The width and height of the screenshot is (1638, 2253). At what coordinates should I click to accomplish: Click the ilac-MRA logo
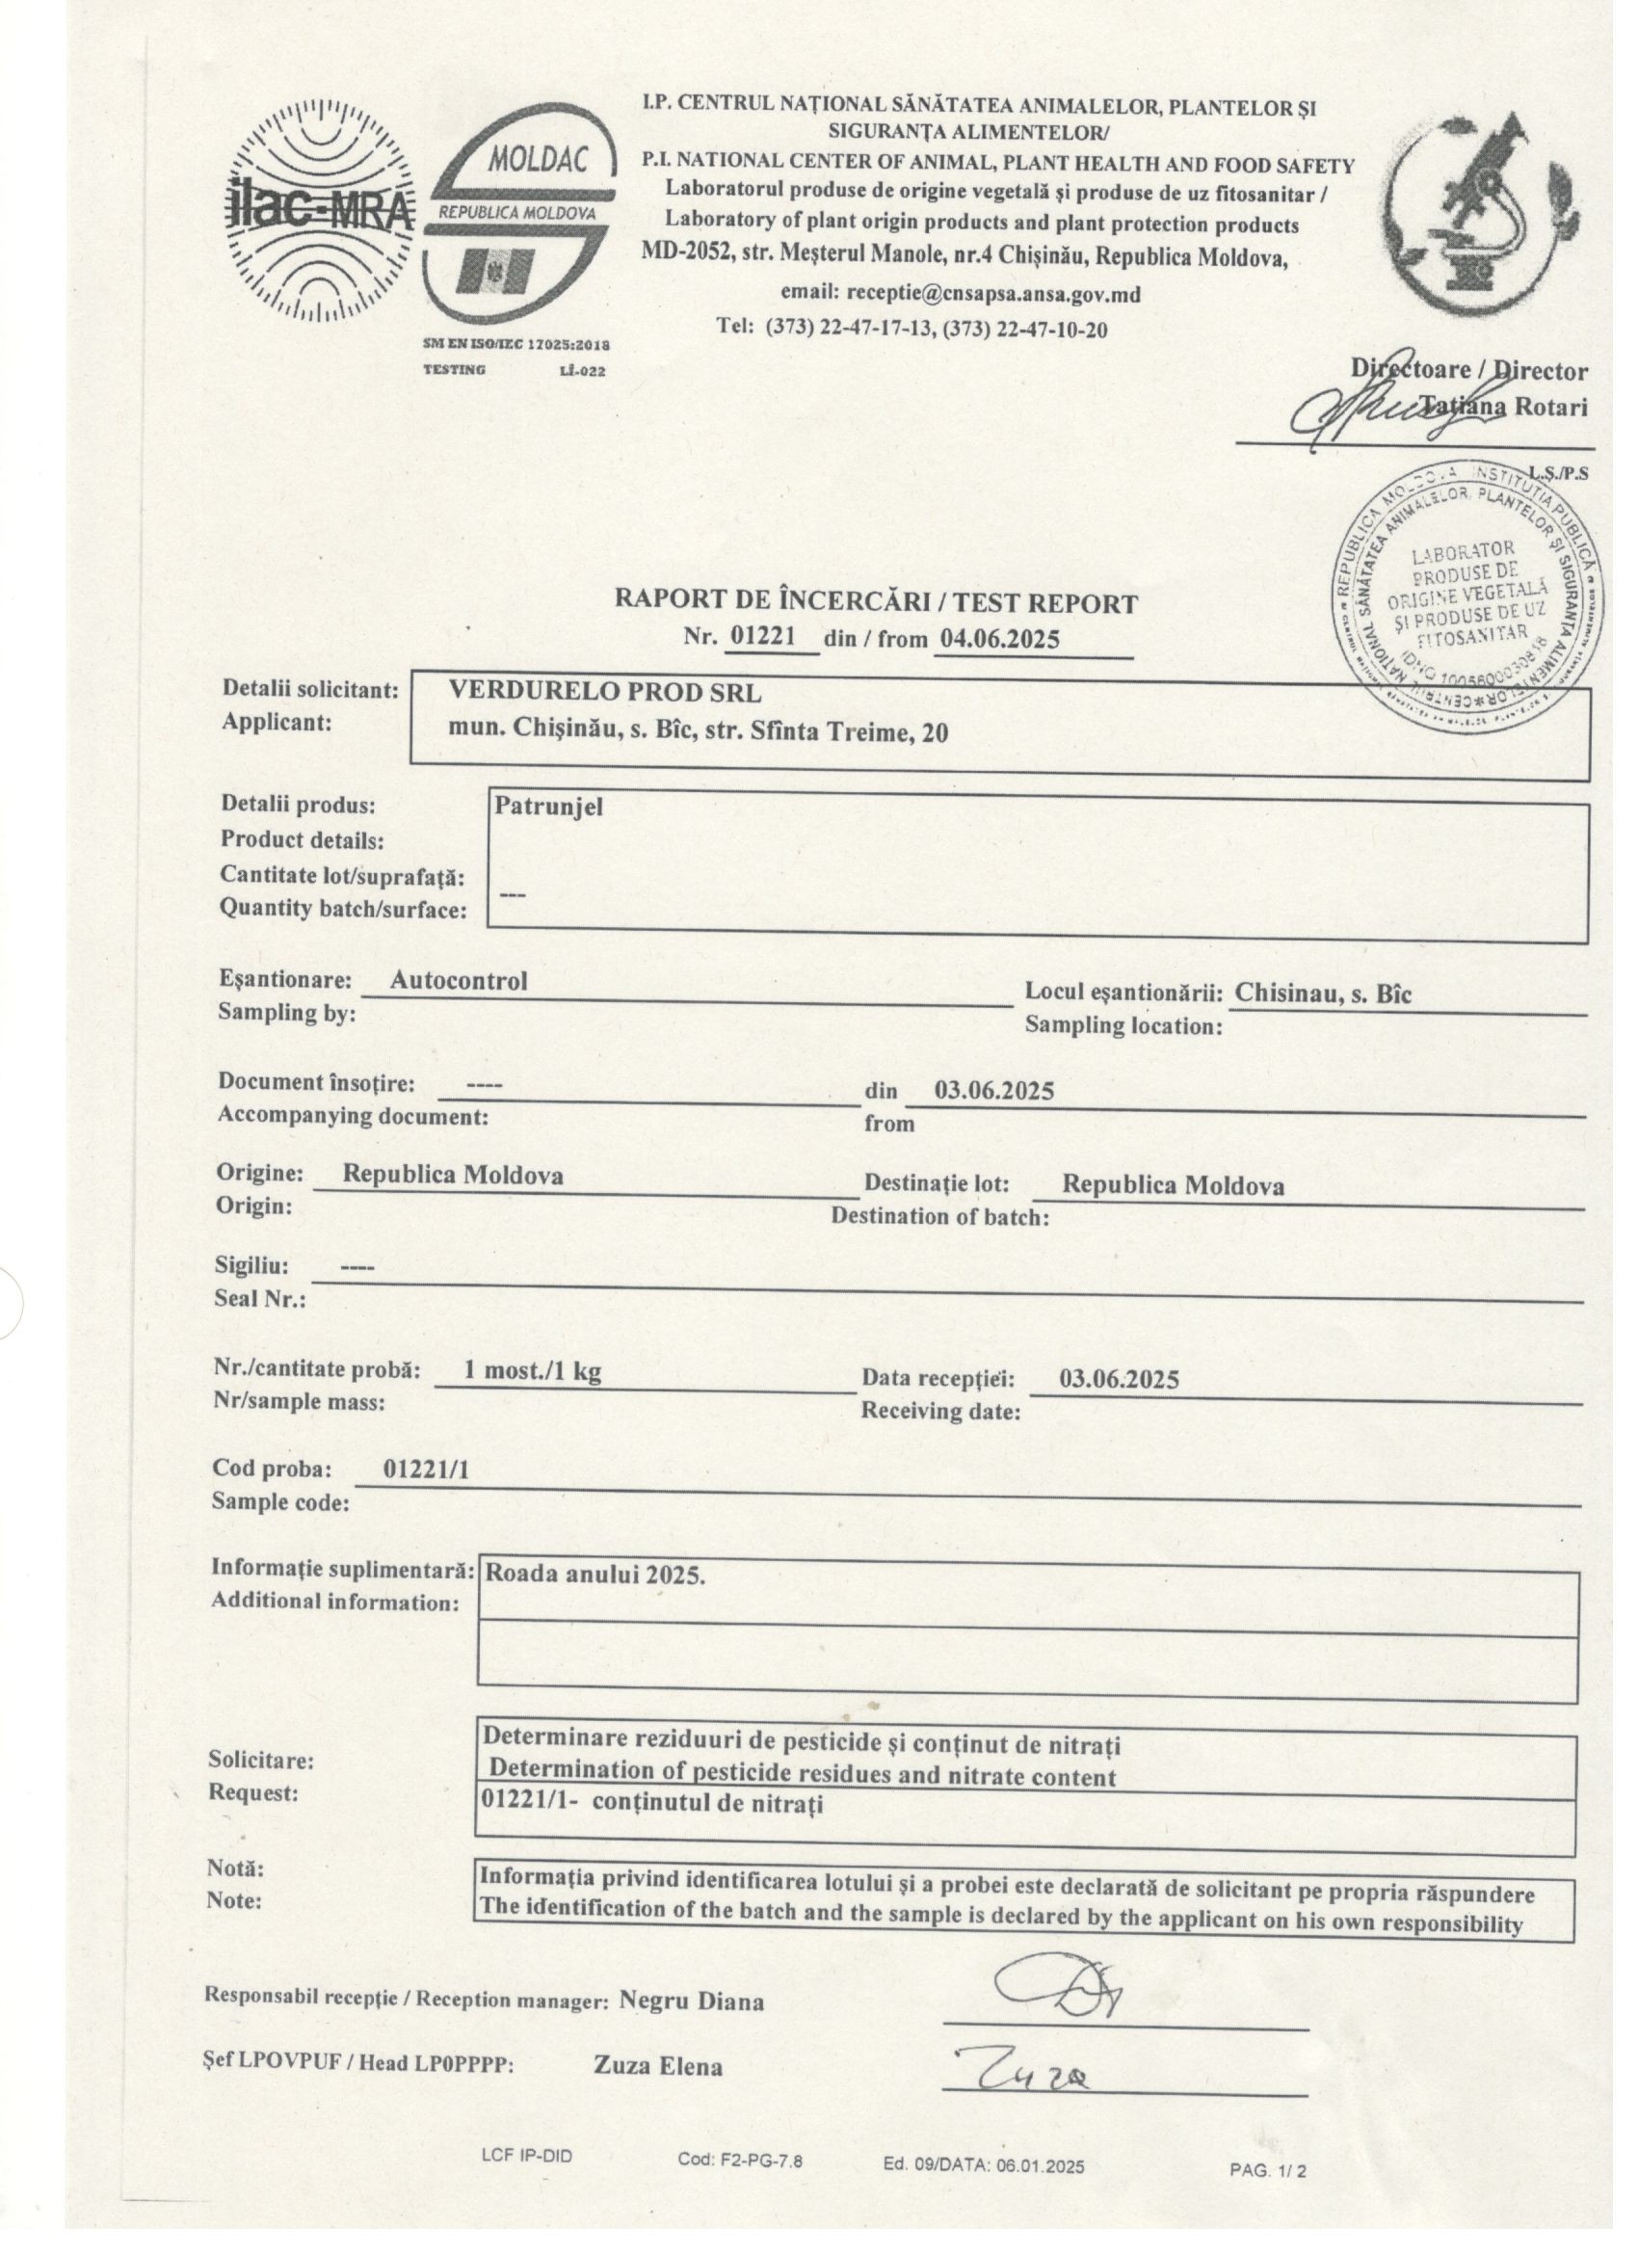coord(315,212)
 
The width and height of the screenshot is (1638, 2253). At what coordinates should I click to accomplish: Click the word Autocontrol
coord(458,980)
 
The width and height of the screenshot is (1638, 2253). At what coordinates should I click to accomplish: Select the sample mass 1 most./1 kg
coord(533,1372)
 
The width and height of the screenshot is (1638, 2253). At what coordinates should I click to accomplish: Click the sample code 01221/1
coord(426,1471)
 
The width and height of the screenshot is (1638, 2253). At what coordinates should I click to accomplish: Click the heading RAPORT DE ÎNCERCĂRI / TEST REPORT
coord(876,602)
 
